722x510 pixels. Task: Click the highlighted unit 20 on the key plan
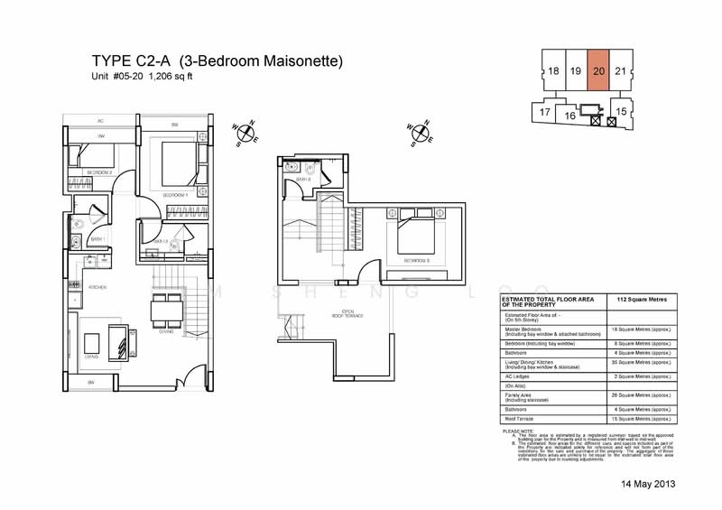pyautogui.click(x=599, y=70)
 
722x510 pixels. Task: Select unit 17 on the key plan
pyautogui.click(x=545, y=112)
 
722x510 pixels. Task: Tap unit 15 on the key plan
pyautogui.click(x=620, y=111)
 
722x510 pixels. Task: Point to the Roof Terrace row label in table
pyautogui.click(x=521, y=419)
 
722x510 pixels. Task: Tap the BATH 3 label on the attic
pyautogui.click(x=303, y=180)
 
